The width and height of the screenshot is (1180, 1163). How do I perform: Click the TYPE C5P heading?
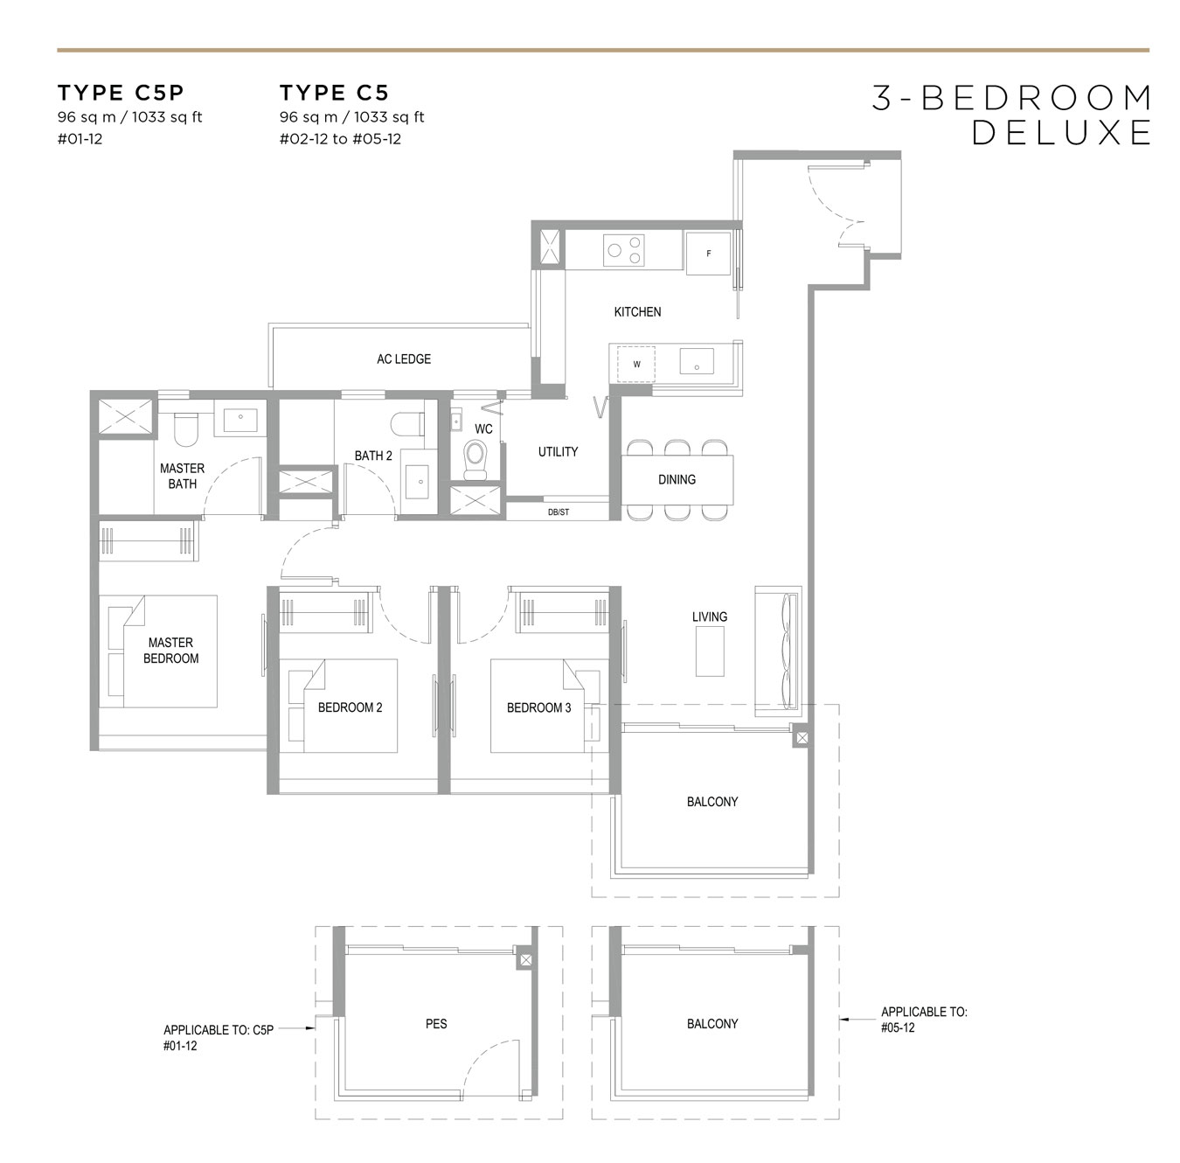(121, 93)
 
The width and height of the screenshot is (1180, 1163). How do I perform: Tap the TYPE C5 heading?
(334, 93)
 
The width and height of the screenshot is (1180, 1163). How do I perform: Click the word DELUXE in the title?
(1061, 133)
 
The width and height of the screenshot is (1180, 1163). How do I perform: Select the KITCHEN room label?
(637, 312)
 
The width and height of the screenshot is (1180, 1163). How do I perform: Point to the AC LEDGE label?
(404, 359)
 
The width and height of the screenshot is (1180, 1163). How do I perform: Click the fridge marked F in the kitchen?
(708, 254)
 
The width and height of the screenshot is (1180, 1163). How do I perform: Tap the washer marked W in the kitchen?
(636, 365)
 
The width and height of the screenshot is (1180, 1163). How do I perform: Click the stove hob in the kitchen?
(623, 251)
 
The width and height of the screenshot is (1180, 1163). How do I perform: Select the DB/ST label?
(558, 512)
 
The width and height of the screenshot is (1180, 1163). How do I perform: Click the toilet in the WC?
(475, 458)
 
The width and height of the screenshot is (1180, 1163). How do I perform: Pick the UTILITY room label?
(558, 452)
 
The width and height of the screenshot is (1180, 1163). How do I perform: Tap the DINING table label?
(677, 480)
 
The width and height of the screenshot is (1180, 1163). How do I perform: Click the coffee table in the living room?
(710, 651)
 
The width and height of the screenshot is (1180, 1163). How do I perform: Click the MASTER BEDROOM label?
(170, 651)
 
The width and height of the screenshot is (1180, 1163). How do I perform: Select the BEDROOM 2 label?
(350, 707)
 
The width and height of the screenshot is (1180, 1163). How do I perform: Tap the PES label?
(436, 1024)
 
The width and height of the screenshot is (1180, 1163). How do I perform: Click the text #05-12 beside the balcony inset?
(899, 1027)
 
